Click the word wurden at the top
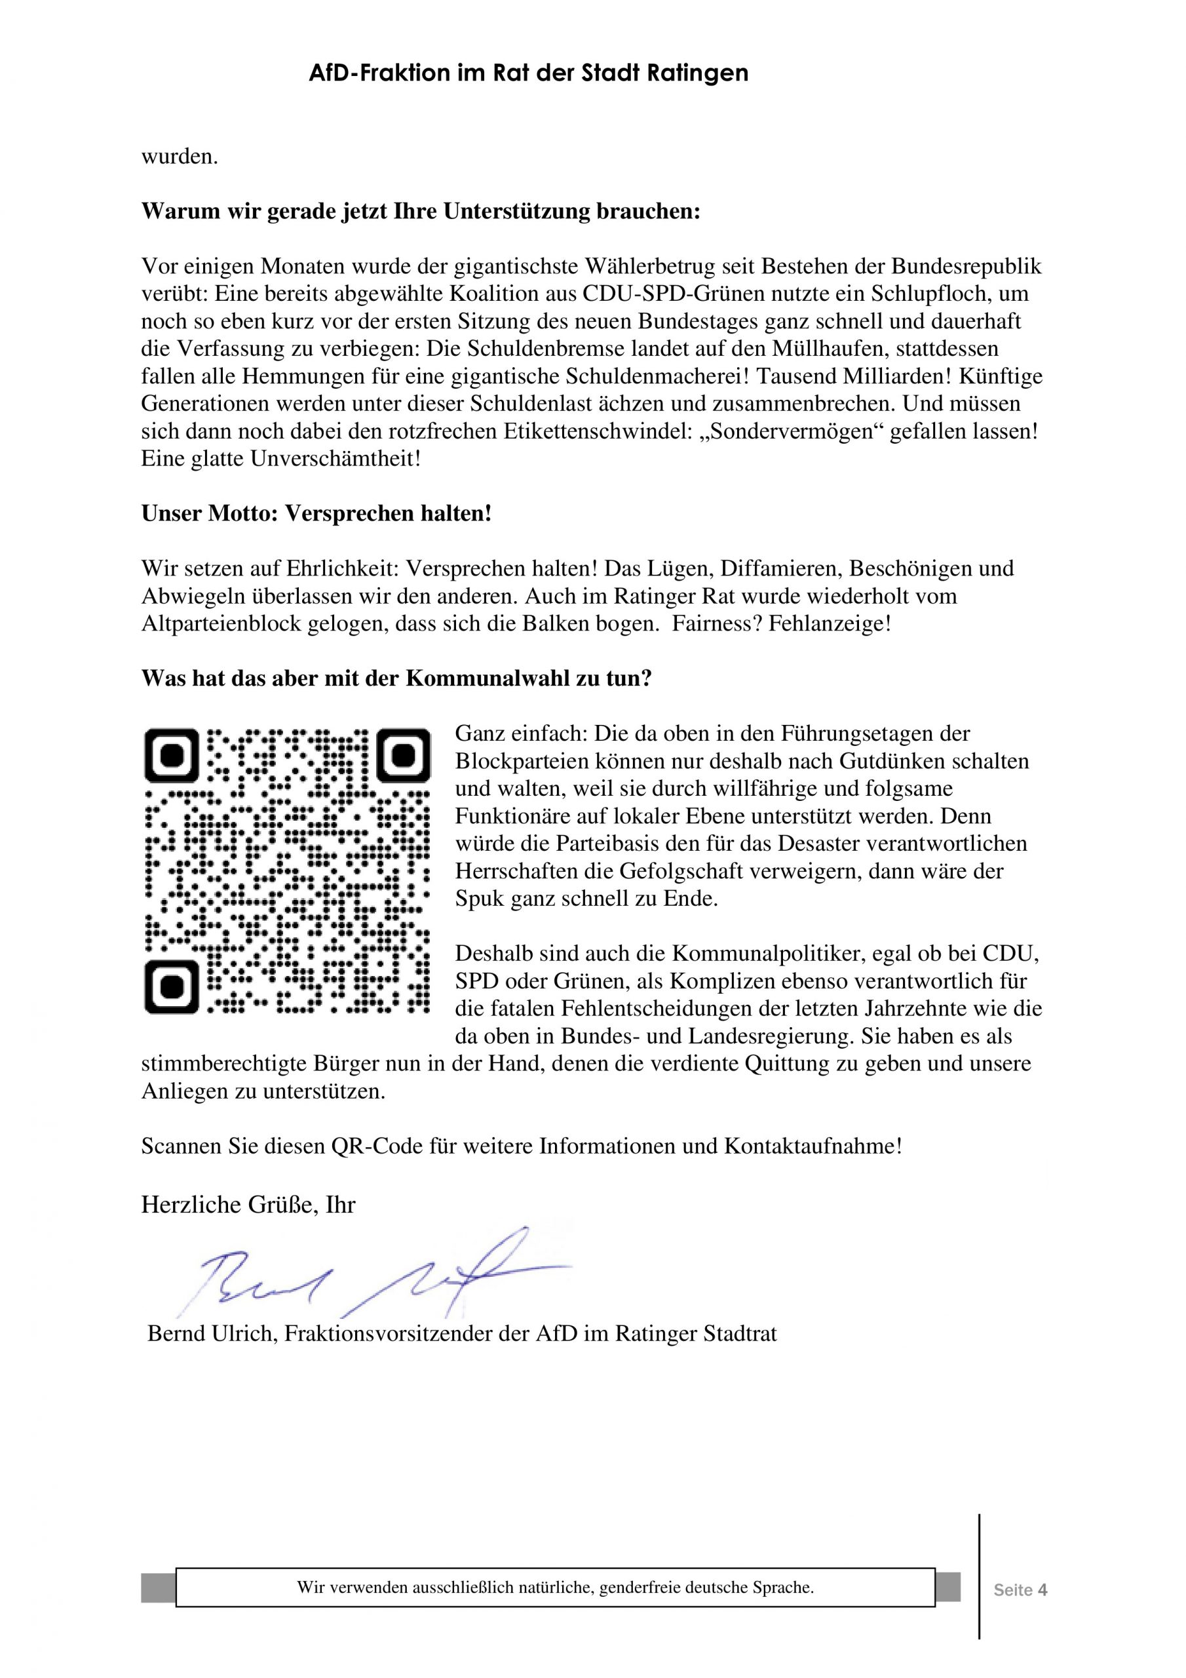179,157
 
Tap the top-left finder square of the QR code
172,754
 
